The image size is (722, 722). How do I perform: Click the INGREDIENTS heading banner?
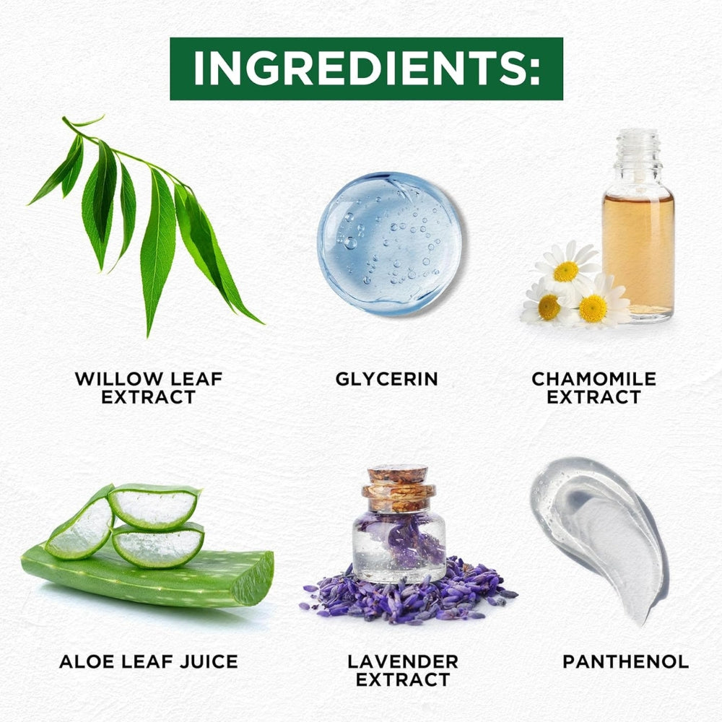pos(366,69)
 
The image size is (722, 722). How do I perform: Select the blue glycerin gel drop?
pos(390,243)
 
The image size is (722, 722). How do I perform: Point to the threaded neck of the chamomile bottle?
pos(638,147)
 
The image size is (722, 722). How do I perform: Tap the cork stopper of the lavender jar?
pos(399,489)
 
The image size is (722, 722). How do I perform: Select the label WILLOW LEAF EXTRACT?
pos(149,388)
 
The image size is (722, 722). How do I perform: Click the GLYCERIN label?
pos(386,379)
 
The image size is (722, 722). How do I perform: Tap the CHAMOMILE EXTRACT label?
pos(594,388)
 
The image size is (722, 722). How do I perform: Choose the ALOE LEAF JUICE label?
pos(149,661)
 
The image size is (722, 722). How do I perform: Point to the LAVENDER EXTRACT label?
pos(403,671)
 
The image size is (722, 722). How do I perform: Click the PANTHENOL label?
pos(626,661)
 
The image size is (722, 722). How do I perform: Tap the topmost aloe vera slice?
pos(155,506)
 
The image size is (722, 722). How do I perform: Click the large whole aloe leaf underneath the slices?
pos(147,575)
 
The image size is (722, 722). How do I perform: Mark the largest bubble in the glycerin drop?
pos(350,243)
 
